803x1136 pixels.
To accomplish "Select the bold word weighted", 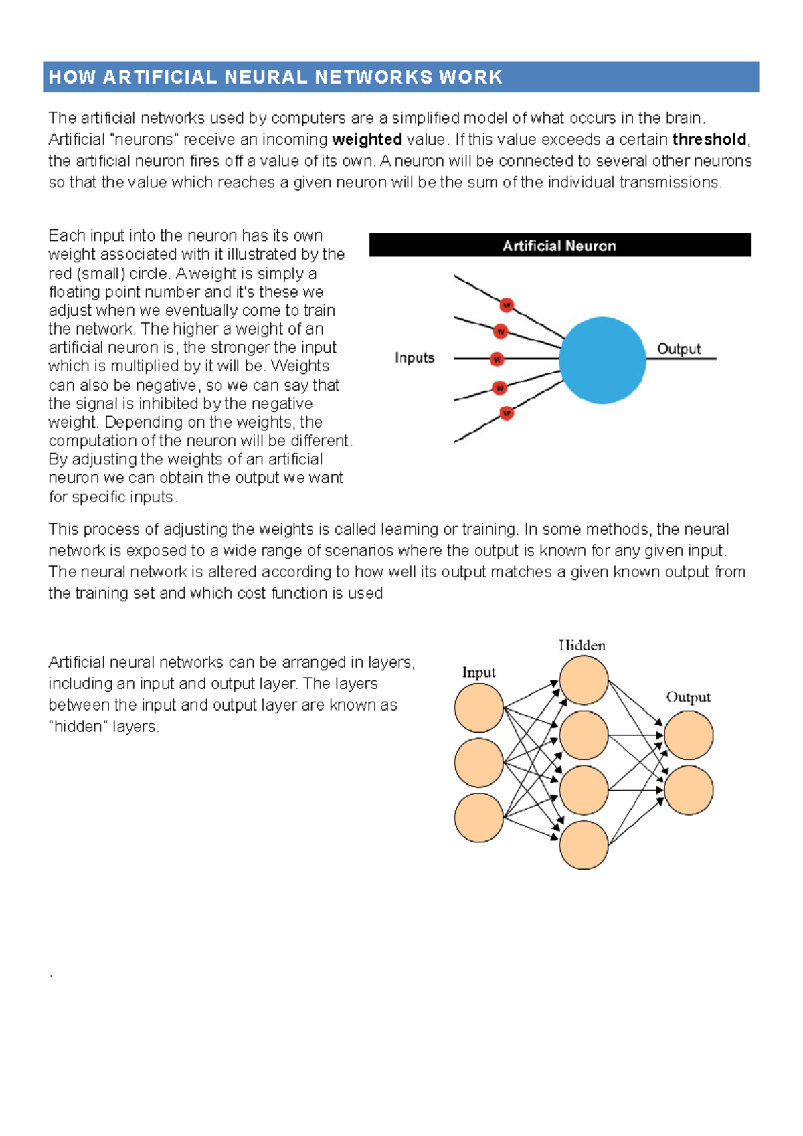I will click(x=367, y=139).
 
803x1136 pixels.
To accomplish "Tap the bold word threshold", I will click(x=709, y=139).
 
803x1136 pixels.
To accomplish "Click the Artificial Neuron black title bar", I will click(x=559, y=245).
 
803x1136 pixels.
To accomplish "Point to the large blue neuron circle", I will click(x=602, y=360).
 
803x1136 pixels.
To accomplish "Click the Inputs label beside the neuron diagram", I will click(x=414, y=358).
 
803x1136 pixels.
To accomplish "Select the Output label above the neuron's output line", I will click(x=679, y=349).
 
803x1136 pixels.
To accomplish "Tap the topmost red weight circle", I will click(x=507, y=305).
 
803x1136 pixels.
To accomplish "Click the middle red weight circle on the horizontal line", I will click(x=497, y=359).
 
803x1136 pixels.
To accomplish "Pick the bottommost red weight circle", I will click(x=507, y=413).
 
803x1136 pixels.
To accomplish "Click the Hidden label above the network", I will click(x=582, y=645).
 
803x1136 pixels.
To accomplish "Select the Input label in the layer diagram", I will click(x=478, y=672).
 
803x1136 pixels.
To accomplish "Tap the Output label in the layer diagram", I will click(x=688, y=697).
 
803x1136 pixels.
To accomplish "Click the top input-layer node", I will click(x=478, y=707).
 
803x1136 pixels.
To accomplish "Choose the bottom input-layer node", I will click(x=478, y=818).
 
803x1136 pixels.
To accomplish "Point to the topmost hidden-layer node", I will click(x=584, y=680).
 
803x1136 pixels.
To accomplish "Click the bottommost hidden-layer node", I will click(x=584, y=845).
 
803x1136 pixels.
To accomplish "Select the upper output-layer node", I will click(x=689, y=735).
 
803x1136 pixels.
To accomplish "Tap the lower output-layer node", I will click(x=689, y=790).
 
